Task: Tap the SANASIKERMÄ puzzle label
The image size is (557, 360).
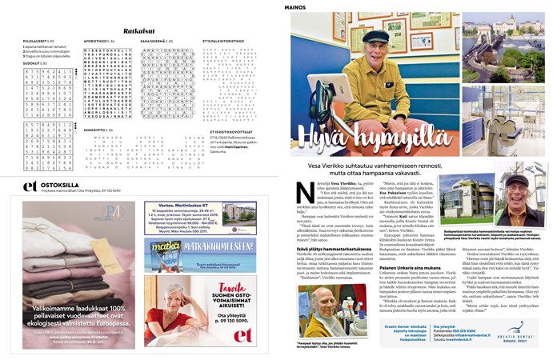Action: coord(154,39)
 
